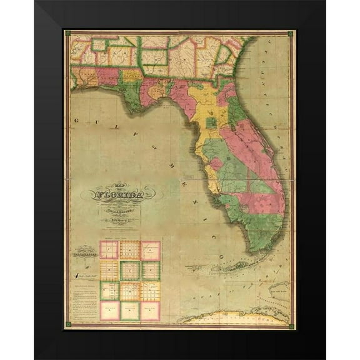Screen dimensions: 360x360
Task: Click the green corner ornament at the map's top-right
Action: (291, 33)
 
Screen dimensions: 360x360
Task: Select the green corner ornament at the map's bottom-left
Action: (67, 324)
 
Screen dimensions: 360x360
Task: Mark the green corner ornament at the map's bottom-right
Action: (291, 324)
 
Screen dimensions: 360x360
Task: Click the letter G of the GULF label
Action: (75, 119)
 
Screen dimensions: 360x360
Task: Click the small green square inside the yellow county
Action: (211, 122)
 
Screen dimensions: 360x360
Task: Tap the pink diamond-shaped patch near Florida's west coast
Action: (216, 164)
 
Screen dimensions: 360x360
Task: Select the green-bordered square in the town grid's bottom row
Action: (130, 310)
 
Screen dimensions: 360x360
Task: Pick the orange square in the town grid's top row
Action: (130, 249)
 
